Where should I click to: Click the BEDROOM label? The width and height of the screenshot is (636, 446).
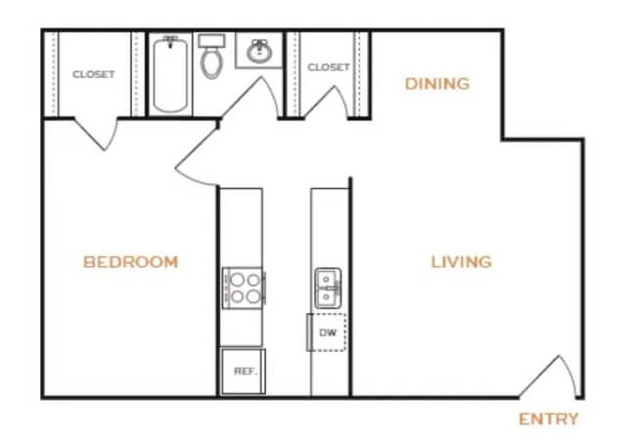pyautogui.click(x=130, y=262)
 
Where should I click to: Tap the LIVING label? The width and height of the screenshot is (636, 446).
pyautogui.click(x=461, y=262)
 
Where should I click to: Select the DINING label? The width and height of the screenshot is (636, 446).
pyautogui.click(x=437, y=83)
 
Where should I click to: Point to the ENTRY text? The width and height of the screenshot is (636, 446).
pyautogui.click(x=548, y=420)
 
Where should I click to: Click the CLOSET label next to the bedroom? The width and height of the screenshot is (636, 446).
pyautogui.click(x=93, y=74)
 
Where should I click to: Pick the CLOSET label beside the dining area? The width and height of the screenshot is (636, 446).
pyautogui.click(x=329, y=67)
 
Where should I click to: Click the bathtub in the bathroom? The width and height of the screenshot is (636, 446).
pyautogui.click(x=172, y=75)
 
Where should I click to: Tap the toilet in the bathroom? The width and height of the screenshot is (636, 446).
pyautogui.click(x=211, y=62)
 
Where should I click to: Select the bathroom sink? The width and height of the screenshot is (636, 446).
pyautogui.click(x=259, y=53)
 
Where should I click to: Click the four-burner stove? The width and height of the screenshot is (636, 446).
pyautogui.click(x=243, y=289)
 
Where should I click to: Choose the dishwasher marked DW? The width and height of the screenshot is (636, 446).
pyautogui.click(x=327, y=333)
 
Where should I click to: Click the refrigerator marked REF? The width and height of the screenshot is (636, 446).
pyautogui.click(x=243, y=372)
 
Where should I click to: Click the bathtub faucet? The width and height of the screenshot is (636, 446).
pyautogui.click(x=172, y=42)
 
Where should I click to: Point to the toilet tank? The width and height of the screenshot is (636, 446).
pyautogui.click(x=211, y=40)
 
